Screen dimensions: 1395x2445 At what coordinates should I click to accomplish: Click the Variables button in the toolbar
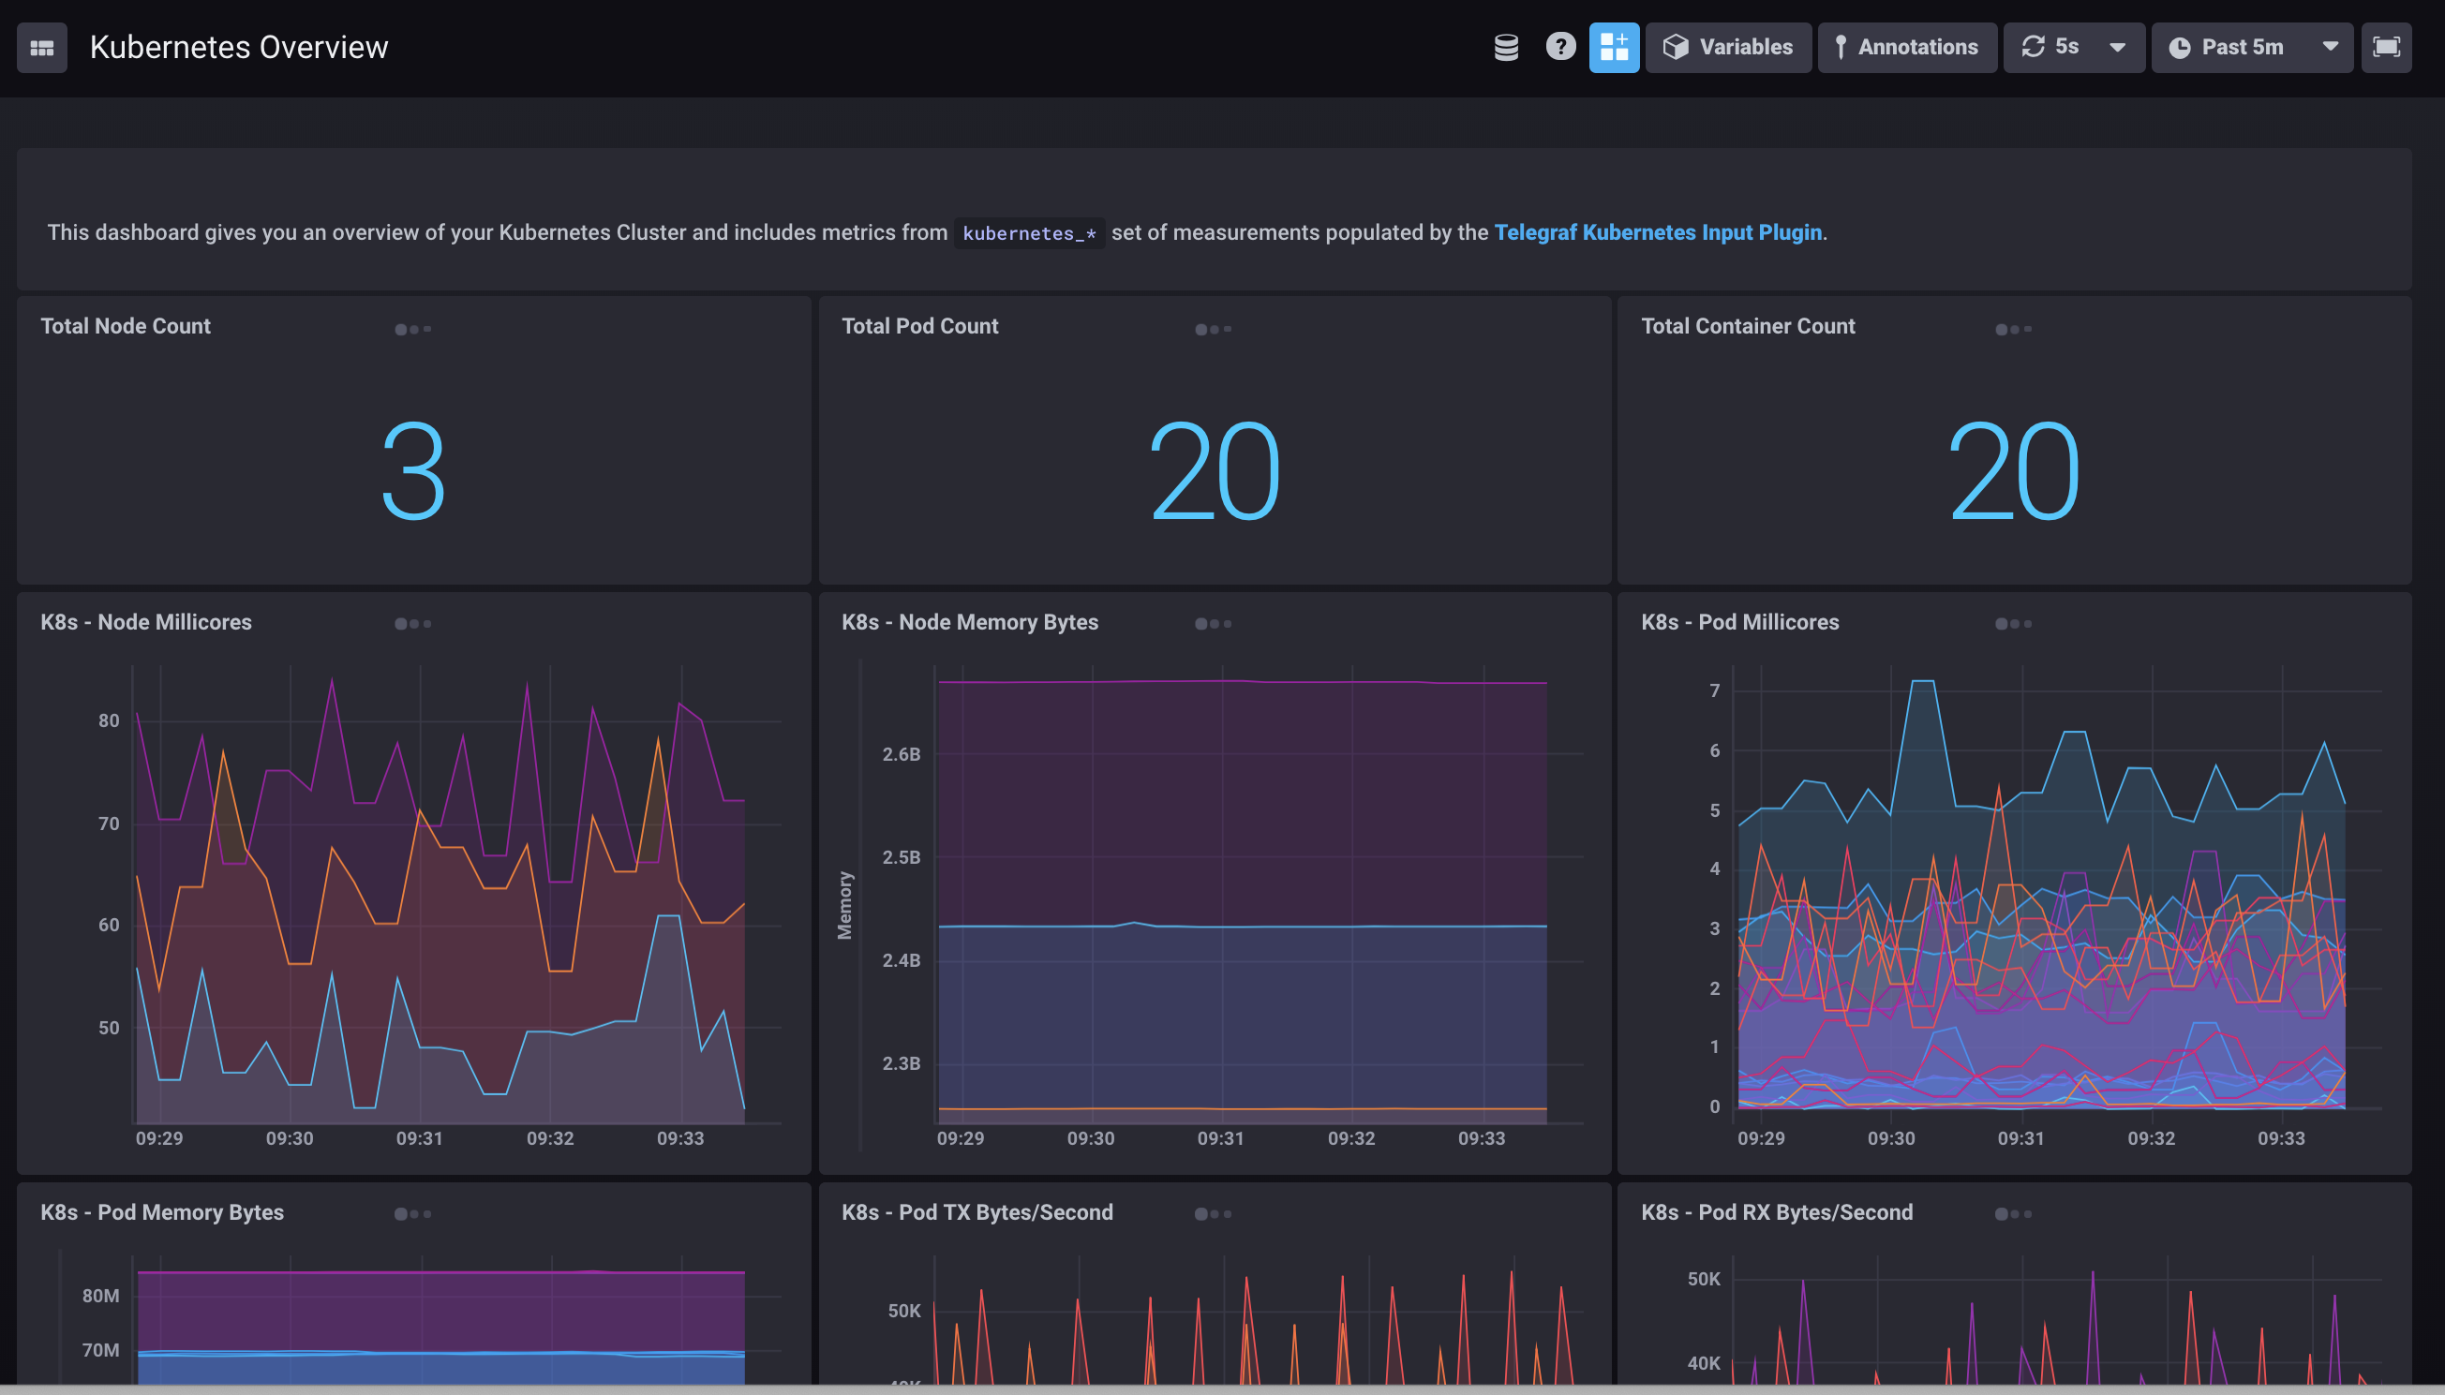click(x=1727, y=47)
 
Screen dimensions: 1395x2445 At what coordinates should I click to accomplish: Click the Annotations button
click(x=1906, y=47)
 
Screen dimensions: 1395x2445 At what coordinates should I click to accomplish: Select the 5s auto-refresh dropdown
click(x=2073, y=47)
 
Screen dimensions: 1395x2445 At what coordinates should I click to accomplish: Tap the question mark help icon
click(x=1559, y=47)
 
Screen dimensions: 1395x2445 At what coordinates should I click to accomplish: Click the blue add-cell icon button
click(x=1614, y=47)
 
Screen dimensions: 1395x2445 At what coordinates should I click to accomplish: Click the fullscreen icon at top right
click(x=2386, y=47)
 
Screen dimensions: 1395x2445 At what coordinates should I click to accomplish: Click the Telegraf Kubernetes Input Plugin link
click(x=1658, y=233)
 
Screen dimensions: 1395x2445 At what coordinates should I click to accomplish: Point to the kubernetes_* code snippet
click(x=1029, y=234)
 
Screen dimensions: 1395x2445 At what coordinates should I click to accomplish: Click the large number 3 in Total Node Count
click(x=413, y=471)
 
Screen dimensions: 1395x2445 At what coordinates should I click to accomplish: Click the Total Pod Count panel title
click(x=919, y=326)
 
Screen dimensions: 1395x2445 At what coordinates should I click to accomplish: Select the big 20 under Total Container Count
click(x=2013, y=471)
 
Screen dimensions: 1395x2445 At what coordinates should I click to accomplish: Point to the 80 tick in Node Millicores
click(x=109, y=720)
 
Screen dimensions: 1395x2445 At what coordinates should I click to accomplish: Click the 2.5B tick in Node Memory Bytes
click(x=901, y=857)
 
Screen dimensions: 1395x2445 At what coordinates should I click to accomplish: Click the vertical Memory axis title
click(x=844, y=905)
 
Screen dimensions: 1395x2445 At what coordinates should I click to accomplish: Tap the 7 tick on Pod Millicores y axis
click(x=1714, y=690)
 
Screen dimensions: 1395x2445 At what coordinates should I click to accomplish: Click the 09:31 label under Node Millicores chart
click(x=420, y=1138)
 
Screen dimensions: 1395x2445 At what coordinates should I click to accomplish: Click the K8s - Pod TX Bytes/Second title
click(x=977, y=1212)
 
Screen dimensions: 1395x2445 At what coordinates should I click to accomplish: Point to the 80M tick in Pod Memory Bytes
click(x=100, y=1297)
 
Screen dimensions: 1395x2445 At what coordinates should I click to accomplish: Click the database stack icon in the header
click(x=1506, y=47)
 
